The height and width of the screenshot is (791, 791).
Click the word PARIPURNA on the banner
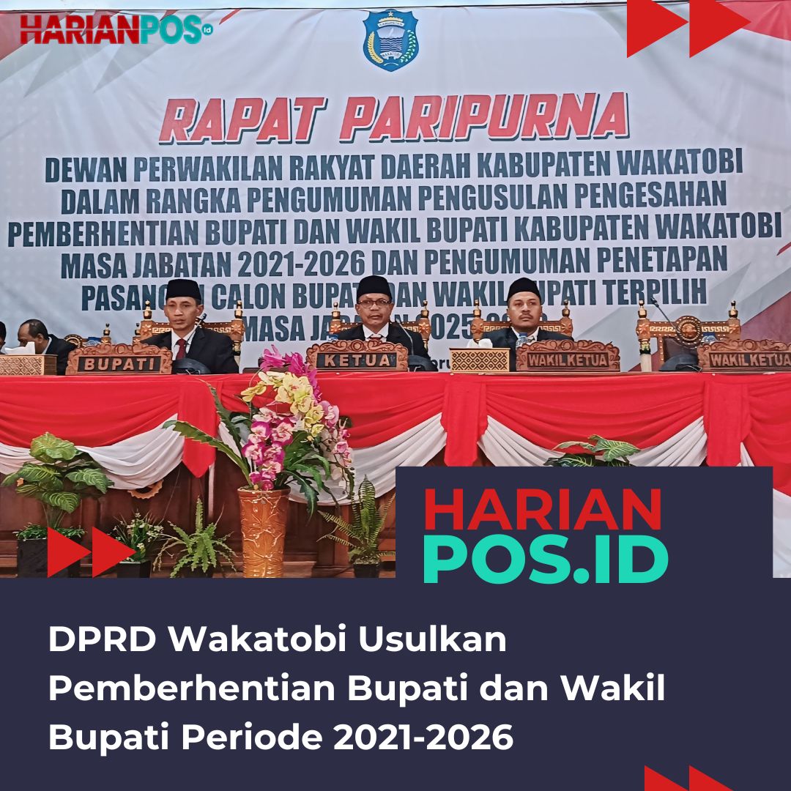(483, 117)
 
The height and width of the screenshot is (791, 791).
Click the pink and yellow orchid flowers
(293, 417)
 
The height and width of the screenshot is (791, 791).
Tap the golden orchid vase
(264, 531)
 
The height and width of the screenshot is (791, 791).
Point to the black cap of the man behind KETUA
(374, 286)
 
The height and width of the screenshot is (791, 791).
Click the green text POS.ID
(545, 560)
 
